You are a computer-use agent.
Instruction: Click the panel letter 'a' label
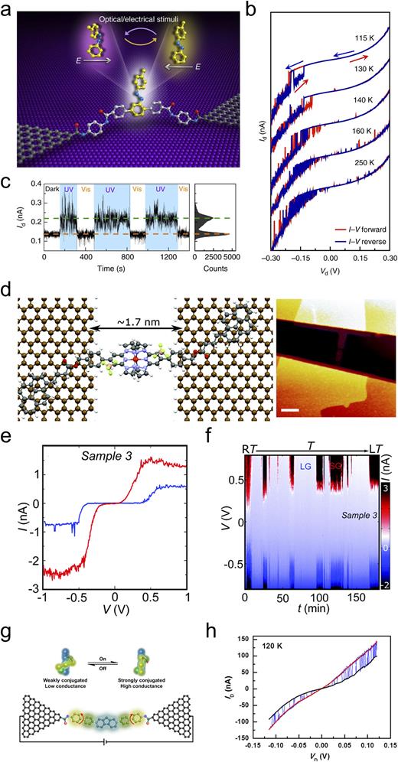point(8,7)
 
